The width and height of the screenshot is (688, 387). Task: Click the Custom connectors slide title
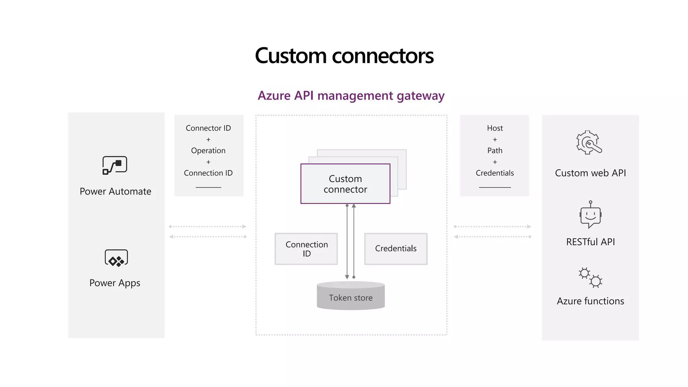(344, 56)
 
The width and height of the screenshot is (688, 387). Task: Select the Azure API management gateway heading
(351, 96)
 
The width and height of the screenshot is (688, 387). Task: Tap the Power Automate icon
(115, 165)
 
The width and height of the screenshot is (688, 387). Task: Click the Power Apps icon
(116, 258)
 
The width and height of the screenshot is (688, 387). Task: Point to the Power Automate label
(116, 191)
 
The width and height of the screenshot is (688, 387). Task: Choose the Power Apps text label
(115, 283)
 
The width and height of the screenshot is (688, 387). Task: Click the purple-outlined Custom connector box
(345, 184)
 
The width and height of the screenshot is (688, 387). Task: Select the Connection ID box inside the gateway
(306, 249)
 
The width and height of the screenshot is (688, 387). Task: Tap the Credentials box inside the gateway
(396, 249)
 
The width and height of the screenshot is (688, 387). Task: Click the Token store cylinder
(351, 296)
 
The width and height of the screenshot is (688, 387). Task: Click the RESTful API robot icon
(591, 215)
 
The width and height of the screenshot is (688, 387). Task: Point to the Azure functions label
(591, 301)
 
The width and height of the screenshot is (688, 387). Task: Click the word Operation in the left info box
(208, 151)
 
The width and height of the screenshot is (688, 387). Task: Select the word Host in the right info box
(495, 128)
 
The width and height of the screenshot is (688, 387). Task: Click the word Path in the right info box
(495, 150)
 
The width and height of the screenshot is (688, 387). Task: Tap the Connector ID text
(208, 128)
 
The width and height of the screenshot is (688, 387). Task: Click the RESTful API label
(591, 242)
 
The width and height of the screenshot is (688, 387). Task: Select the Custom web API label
(591, 173)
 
